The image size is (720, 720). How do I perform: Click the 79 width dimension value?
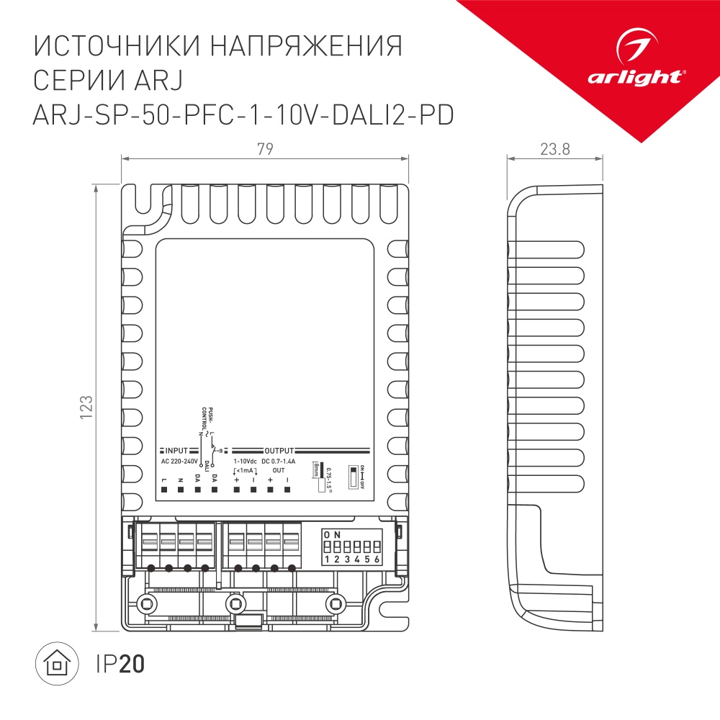tap(265, 149)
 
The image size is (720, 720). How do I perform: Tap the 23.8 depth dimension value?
tap(554, 149)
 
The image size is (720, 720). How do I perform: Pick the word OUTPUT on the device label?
tap(279, 449)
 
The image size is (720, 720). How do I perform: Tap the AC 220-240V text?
tap(179, 460)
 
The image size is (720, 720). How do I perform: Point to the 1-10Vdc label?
tap(245, 460)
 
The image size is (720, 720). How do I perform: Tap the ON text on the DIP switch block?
tap(333, 534)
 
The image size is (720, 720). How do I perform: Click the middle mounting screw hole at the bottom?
tap(234, 603)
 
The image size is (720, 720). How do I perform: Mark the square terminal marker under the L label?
tap(164, 490)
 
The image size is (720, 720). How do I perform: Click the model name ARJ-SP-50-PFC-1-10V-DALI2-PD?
tap(243, 114)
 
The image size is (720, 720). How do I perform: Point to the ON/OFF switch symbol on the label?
tap(353, 476)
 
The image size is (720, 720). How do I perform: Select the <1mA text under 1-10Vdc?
tap(245, 470)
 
